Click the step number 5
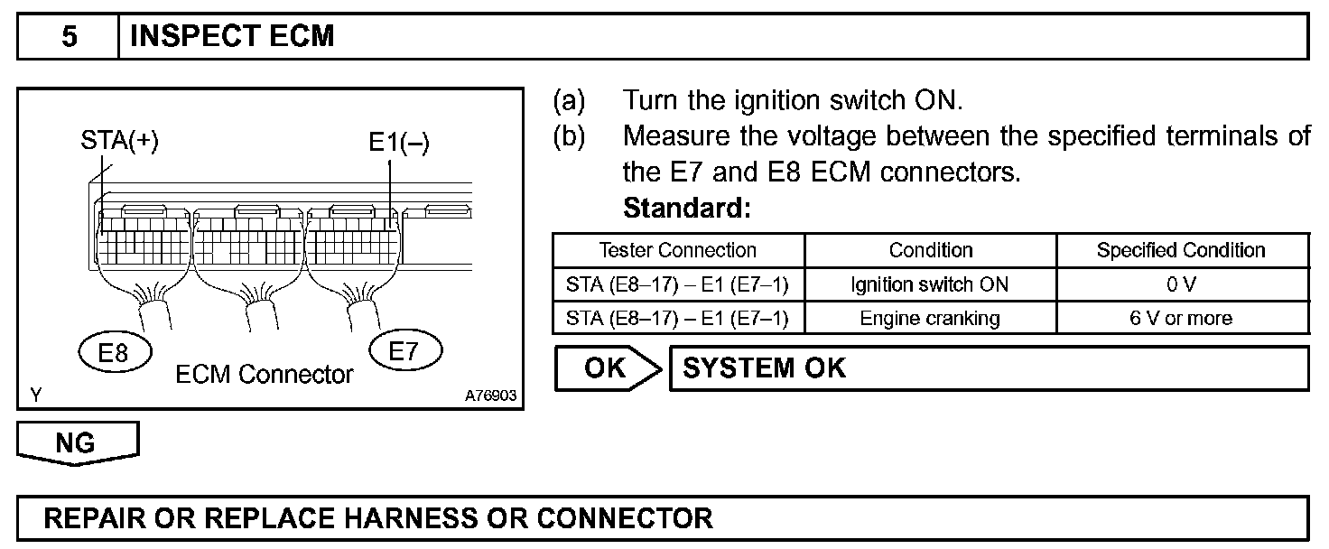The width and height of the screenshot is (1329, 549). (x=69, y=36)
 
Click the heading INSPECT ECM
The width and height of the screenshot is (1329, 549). (x=233, y=36)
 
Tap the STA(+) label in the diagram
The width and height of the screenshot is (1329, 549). (x=120, y=143)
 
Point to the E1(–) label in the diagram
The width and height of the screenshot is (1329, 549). (x=398, y=143)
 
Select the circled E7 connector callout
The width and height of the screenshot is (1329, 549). (x=405, y=349)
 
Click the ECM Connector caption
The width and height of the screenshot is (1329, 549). (x=264, y=374)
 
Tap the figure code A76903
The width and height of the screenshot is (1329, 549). (x=491, y=395)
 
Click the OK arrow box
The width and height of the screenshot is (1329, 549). (x=606, y=369)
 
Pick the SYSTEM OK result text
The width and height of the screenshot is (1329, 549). (x=765, y=369)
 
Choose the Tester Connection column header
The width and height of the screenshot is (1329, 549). (x=678, y=250)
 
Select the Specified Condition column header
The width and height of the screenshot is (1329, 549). (x=1181, y=250)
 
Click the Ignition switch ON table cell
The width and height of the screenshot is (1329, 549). (x=930, y=284)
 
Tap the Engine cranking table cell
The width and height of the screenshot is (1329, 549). (x=930, y=318)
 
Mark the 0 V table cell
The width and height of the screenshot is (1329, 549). (x=1181, y=284)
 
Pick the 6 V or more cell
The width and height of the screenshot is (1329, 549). (x=1181, y=318)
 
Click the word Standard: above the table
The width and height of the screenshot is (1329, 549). (x=687, y=209)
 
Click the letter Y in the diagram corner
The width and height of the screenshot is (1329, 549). (x=35, y=395)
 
